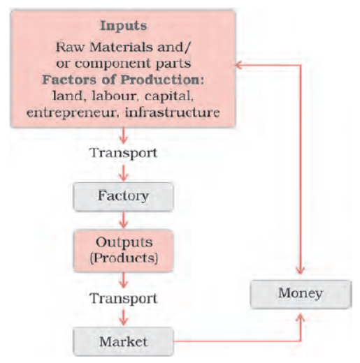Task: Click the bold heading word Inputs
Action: [123, 26]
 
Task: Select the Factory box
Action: [124, 197]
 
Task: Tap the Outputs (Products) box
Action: [124, 251]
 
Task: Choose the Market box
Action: [124, 341]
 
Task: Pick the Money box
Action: [301, 295]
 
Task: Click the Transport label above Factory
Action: [124, 154]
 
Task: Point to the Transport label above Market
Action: [124, 299]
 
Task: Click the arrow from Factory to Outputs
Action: [124, 220]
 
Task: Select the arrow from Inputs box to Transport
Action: [124, 135]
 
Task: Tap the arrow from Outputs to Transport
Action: [124, 281]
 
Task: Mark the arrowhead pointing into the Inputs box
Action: [238, 65]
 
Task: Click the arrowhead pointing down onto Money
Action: [301, 271]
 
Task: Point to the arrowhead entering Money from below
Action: [301, 317]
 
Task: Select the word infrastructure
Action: [173, 112]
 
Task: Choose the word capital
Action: [169, 96]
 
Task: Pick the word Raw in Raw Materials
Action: [70, 47]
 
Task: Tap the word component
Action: [113, 64]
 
